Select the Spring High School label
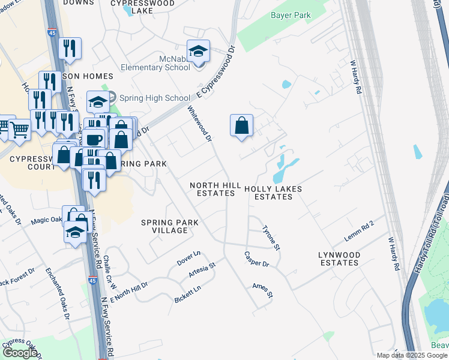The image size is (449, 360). [x=154, y=98]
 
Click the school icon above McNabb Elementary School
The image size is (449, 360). [x=198, y=51]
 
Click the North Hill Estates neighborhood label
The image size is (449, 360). [x=215, y=190]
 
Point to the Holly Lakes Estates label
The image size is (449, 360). [x=273, y=193]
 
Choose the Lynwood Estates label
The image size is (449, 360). [x=339, y=259]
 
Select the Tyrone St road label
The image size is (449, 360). [x=272, y=238]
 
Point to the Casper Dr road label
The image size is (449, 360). [x=256, y=259]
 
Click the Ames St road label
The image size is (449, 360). [x=262, y=291]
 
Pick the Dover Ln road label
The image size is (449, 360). [x=188, y=259]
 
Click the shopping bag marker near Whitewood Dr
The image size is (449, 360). [x=241, y=125]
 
